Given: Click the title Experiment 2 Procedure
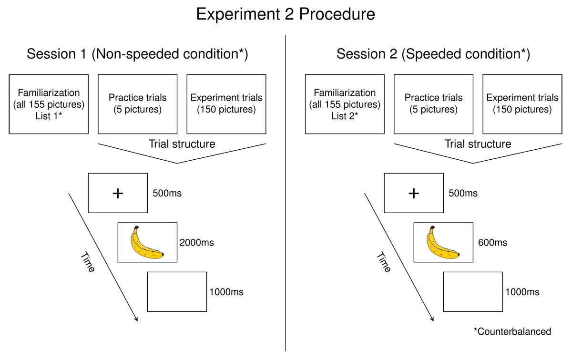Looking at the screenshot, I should pos(286,14).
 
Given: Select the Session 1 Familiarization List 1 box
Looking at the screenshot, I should pos(49,104).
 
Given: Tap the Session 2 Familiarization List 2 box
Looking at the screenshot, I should pos(345,104).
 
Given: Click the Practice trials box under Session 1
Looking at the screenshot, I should pos(138,104).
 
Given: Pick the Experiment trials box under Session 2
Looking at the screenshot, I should pos(522,104).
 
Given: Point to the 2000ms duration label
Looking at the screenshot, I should pos(197,243).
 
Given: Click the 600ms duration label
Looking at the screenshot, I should pos(492,243).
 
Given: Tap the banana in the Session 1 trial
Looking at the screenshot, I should pos(147,243).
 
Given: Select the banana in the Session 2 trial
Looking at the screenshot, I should pos(443,243).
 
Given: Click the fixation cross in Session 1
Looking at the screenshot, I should pos(118,193).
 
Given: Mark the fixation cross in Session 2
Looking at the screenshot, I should pos(414,193).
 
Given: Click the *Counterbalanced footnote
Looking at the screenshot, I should pos(512,332).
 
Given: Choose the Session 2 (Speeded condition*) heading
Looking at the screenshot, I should pos(433,54).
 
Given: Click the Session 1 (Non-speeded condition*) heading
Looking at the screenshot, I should pos(137,54).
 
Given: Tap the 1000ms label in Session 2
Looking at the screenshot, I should pos(522,292).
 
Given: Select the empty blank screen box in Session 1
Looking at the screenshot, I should pos(177,291).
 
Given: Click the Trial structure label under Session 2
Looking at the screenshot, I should pos(478,144).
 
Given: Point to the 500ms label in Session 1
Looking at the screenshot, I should pos(167,194).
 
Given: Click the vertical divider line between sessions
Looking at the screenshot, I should pos(286,191).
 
